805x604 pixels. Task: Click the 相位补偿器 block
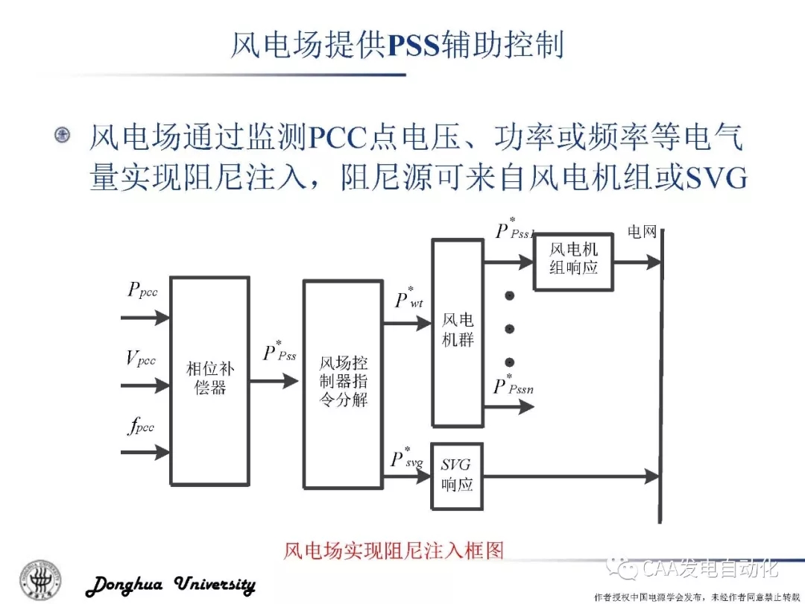[209, 380]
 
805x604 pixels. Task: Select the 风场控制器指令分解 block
[344, 383]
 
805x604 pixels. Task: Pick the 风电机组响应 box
[573, 258]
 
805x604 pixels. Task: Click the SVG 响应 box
[457, 474]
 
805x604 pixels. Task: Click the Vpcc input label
[141, 359]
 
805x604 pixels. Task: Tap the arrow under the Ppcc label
[146, 318]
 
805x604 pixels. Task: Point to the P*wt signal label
[409, 298]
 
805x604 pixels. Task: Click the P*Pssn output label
[514, 385]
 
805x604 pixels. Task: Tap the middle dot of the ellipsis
[510, 329]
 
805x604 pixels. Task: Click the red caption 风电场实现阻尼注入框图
[394, 551]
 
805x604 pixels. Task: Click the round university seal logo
[42, 579]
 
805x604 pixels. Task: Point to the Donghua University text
[171, 585]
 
